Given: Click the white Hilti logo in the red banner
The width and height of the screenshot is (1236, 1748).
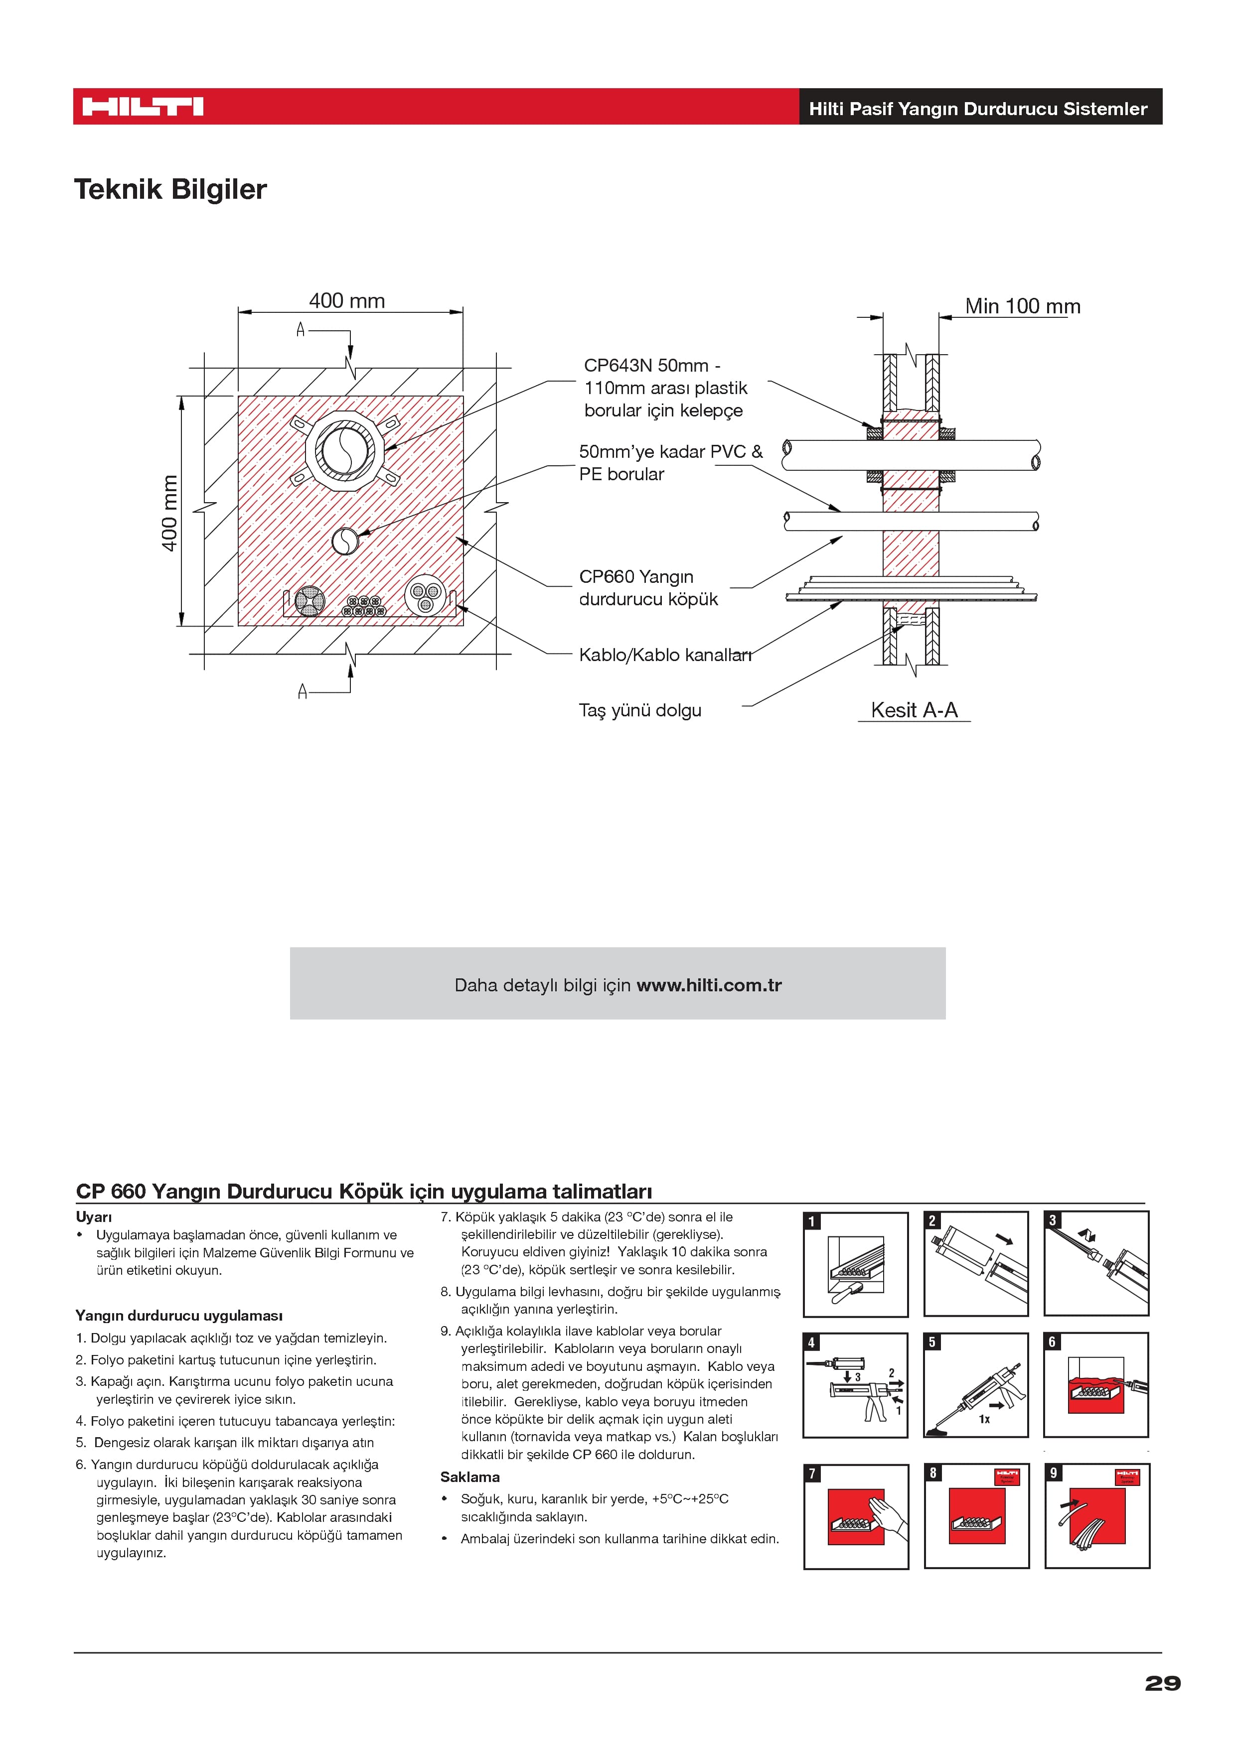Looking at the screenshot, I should (143, 107).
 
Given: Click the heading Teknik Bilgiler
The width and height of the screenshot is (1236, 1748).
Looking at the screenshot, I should (170, 190).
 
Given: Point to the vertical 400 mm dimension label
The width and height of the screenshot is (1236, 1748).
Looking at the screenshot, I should (170, 513).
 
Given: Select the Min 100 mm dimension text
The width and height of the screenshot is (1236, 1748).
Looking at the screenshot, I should (1022, 306).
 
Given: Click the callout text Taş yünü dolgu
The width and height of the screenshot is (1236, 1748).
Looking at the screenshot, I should (640, 710).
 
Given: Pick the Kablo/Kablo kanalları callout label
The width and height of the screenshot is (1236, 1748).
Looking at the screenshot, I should (665, 655).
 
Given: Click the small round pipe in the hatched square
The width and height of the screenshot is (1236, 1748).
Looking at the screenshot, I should (344, 541).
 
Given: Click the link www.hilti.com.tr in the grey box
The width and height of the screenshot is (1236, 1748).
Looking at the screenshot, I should (709, 985).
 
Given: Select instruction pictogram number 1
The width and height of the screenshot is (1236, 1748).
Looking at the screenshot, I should (856, 1265).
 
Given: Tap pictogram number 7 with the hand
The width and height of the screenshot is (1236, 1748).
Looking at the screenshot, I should (856, 1516).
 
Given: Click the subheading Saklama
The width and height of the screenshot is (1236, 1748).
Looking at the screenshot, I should (470, 1477).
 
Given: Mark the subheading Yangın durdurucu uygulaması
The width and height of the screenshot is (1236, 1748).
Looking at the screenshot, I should (179, 1316).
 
